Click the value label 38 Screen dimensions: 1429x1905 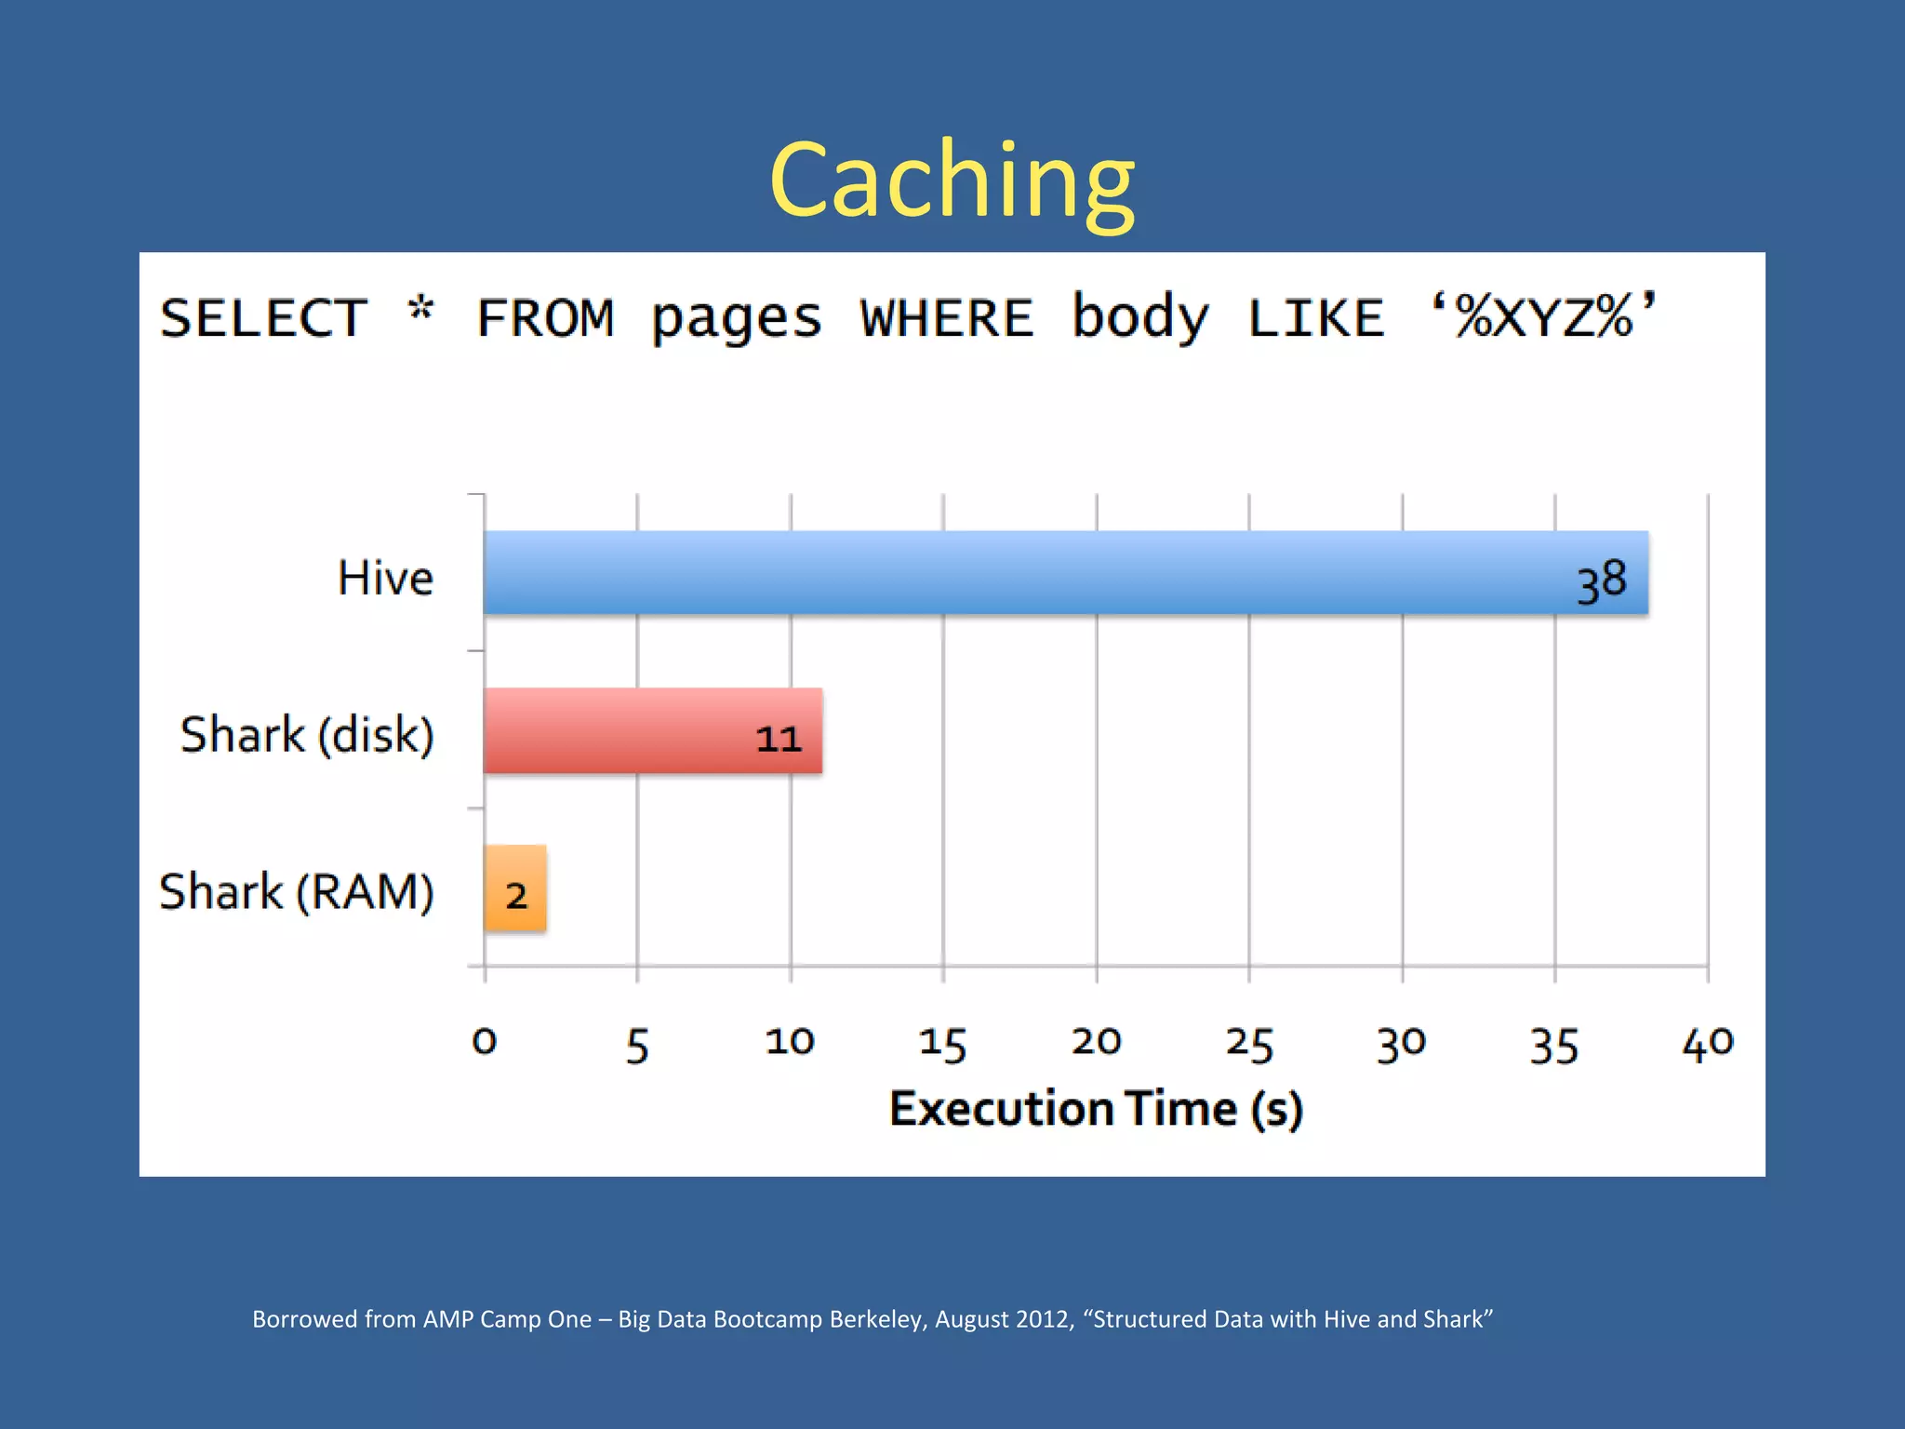1601,581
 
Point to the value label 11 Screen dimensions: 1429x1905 778,739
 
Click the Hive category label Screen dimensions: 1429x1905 385,578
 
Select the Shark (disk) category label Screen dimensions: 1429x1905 307,735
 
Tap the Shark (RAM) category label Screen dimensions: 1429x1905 296,892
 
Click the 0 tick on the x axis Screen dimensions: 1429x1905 485,1041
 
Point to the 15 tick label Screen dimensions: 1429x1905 942,1043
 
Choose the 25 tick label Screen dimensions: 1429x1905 1248,1043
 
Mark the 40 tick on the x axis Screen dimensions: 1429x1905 1707,1043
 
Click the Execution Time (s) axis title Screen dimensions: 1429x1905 1096,1109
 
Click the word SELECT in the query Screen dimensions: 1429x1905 264,318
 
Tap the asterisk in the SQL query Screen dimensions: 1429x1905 421,310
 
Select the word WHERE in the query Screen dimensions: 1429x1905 946,318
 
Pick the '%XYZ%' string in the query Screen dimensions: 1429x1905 1544,316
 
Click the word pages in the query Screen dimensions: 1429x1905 736,318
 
